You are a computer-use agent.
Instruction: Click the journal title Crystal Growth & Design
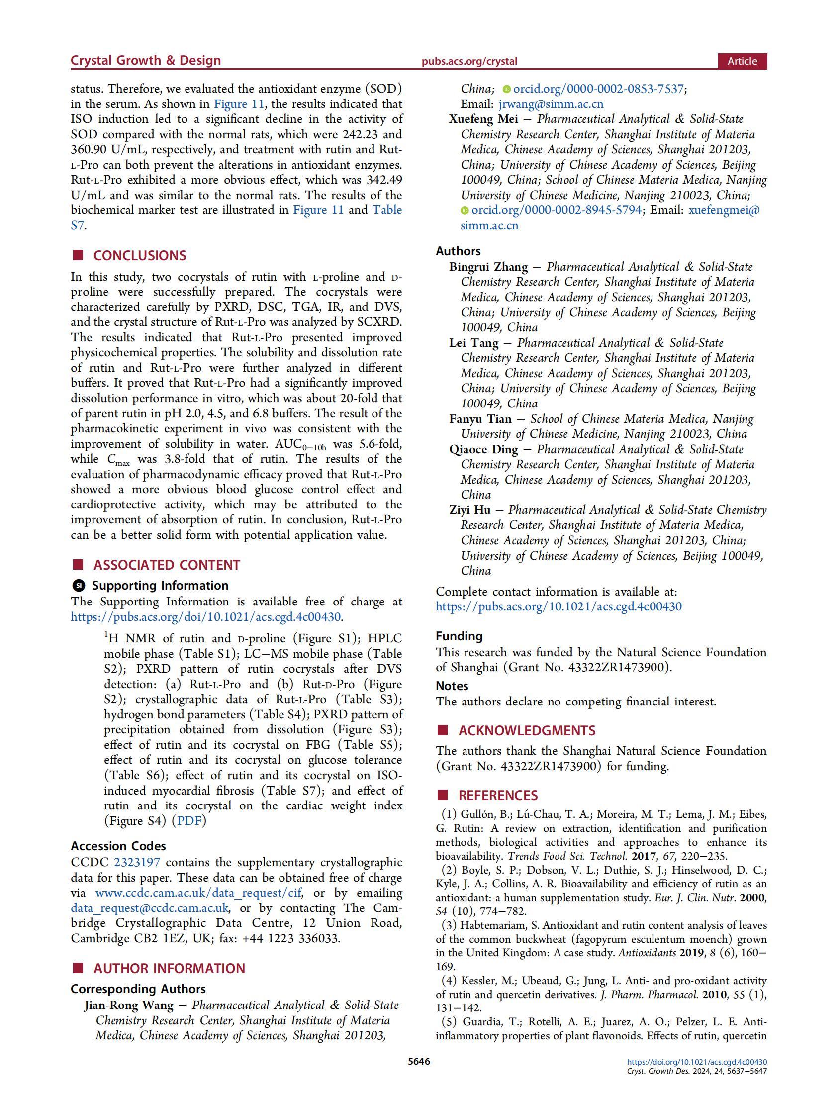(x=146, y=61)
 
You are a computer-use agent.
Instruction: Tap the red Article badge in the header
(x=742, y=61)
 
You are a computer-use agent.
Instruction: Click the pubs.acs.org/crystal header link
(x=469, y=62)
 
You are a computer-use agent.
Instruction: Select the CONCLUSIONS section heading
(x=140, y=256)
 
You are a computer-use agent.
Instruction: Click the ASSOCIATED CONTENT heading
(x=167, y=565)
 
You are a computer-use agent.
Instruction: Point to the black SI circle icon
(x=79, y=586)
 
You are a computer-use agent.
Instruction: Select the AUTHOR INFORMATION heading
(x=169, y=968)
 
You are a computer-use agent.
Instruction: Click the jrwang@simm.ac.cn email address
(x=551, y=104)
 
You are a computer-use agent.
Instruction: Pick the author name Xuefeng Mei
(x=483, y=119)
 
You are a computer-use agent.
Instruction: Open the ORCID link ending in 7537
(x=598, y=89)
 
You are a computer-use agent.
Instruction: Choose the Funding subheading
(x=459, y=636)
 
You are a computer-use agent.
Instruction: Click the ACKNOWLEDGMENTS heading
(x=527, y=731)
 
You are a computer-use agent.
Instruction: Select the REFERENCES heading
(x=498, y=795)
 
